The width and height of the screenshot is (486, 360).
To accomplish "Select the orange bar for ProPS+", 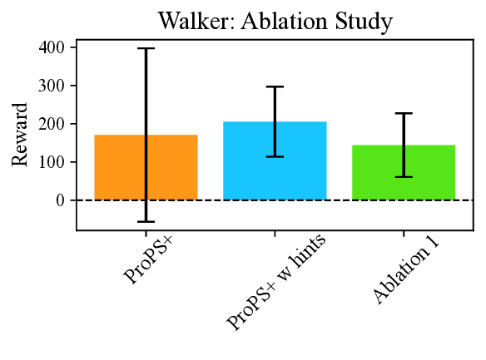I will [x=121, y=167].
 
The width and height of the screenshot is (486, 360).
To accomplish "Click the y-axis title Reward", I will [x=21, y=135].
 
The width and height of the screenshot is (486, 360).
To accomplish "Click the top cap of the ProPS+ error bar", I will [x=146, y=49].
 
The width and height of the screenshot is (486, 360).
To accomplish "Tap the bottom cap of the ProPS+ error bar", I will [x=146, y=221].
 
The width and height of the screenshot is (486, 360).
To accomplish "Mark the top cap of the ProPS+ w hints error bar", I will [x=275, y=86].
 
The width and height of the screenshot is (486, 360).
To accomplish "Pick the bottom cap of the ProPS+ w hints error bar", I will [x=275, y=156].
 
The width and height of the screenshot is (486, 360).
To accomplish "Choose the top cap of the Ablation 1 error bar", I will [x=404, y=113].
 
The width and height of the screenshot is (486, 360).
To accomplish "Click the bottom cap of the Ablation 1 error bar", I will [x=404, y=176].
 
